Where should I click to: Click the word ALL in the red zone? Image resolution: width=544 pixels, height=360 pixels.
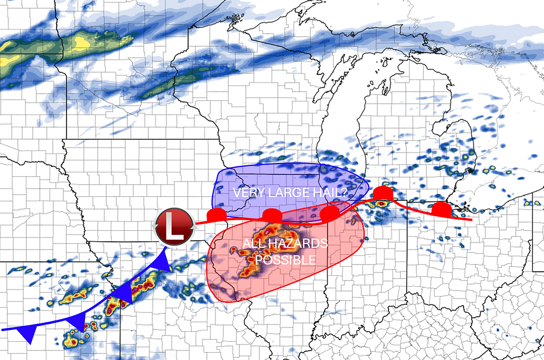[x=250, y=244]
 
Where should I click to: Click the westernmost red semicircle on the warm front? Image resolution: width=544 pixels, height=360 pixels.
[x=216, y=215]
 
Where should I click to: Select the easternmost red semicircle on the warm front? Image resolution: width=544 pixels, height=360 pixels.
[x=441, y=209]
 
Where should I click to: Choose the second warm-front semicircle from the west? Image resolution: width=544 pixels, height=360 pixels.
[x=272, y=215]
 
